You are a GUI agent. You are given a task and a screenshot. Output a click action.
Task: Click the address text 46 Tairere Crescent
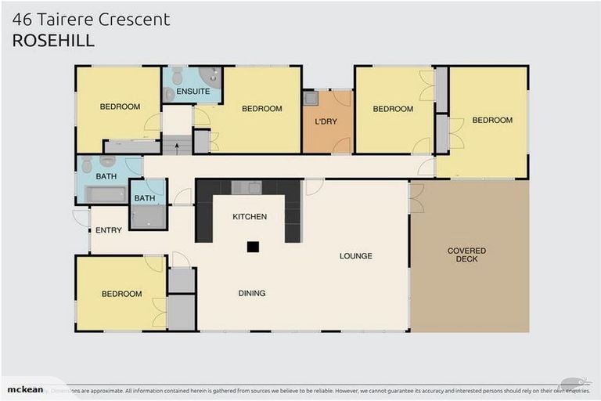91,20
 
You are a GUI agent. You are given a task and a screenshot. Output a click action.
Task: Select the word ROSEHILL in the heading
53,40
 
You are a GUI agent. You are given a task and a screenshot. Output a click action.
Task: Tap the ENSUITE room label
193,92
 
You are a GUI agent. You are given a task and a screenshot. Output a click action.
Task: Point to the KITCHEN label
250,216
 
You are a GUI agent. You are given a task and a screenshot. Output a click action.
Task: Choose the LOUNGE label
355,256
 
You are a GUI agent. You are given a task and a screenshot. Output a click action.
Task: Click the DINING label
252,294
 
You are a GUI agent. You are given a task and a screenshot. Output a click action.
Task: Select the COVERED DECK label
466,255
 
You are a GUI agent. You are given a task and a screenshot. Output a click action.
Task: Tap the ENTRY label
108,230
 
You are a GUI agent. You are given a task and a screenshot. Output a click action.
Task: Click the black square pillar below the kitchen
252,247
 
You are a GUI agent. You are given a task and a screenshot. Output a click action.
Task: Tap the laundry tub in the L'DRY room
310,99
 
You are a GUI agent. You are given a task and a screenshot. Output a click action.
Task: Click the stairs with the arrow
176,145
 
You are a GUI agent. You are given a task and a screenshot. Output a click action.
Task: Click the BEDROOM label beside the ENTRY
121,294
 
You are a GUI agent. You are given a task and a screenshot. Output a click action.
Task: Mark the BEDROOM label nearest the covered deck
491,120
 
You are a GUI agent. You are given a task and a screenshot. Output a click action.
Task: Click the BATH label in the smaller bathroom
145,198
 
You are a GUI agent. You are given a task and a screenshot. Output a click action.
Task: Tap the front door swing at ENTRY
81,219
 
